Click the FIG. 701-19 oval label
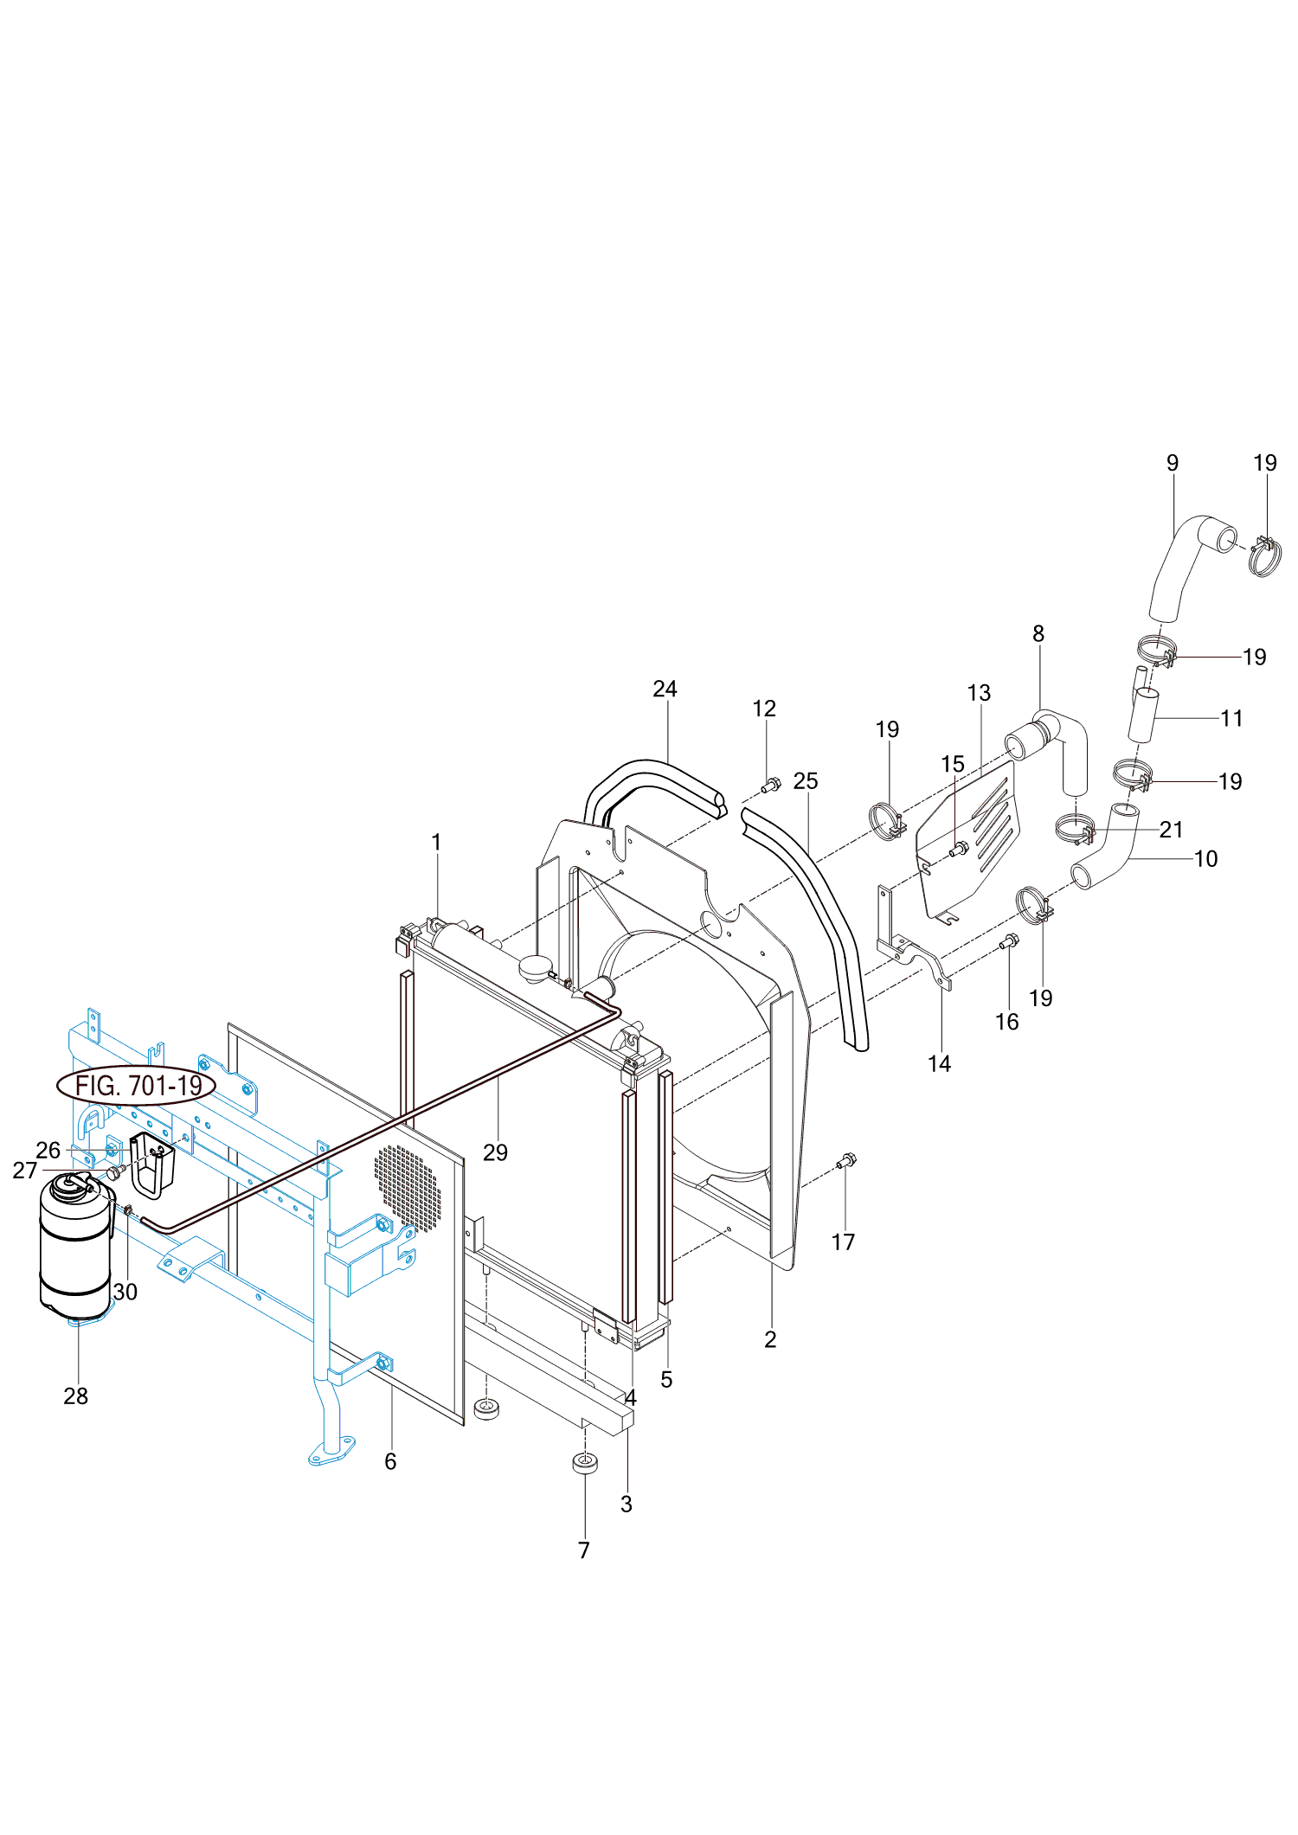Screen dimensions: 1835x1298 (137, 1085)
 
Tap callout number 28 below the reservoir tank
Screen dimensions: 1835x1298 (76, 1395)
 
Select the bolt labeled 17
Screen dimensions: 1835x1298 (848, 1160)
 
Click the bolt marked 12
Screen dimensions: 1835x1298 (770, 786)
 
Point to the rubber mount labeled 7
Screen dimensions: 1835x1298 (586, 1464)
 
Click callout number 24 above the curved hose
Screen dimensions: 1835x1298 (665, 689)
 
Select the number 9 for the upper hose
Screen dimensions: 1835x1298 (1173, 463)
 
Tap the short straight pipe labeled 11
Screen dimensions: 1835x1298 (1143, 715)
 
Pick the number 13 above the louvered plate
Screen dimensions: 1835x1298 (979, 693)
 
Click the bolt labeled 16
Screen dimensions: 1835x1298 (1009, 941)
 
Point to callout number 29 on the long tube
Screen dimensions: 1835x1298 (495, 1152)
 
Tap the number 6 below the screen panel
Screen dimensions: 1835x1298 (390, 1461)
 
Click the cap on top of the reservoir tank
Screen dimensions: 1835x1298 (72, 1184)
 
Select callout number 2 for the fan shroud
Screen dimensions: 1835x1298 (770, 1339)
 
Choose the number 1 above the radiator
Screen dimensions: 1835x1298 (436, 842)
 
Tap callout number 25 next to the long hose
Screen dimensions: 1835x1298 (805, 781)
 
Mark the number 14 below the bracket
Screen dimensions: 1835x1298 (940, 1063)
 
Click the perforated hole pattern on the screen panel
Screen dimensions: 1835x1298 (408, 1186)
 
